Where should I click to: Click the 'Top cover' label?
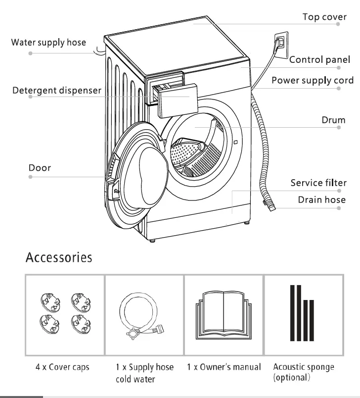click(324, 17)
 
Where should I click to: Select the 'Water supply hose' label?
click(48, 43)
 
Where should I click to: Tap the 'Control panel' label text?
click(320, 60)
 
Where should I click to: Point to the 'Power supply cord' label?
click(313, 80)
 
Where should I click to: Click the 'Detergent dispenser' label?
click(57, 91)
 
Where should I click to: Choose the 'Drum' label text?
click(333, 120)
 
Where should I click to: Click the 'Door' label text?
click(40, 168)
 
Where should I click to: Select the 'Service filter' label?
click(318, 183)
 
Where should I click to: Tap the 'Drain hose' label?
click(321, 200)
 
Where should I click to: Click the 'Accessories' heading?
click(58, 257)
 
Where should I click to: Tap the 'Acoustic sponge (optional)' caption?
click(303, 372)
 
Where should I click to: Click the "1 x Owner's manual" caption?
click(224, 367)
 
